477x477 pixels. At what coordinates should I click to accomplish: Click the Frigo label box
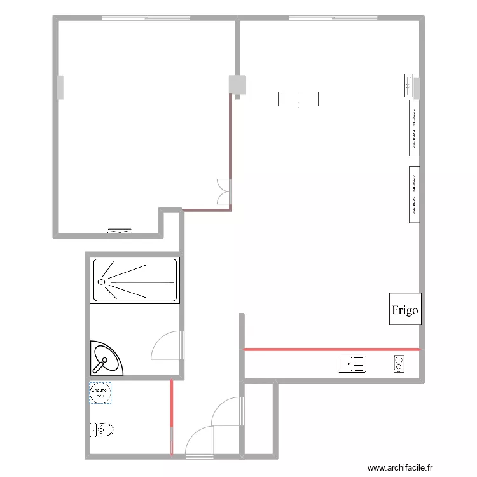(x=405, y=310)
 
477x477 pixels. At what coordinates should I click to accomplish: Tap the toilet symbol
(x=104, y=430)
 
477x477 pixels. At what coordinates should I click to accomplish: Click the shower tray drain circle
(x=101, y=281)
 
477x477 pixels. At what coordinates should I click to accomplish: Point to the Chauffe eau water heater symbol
(x=100, y=392)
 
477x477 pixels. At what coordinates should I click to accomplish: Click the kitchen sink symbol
(x=352, y=364)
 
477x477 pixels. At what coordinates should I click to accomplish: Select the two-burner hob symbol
(x=399, y=364)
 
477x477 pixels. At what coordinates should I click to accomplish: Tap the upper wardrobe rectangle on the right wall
(x=413, y=127)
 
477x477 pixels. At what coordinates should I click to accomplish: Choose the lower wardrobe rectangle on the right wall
(x=413, y=194)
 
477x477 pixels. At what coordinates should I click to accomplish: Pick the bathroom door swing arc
(x=167, y=346)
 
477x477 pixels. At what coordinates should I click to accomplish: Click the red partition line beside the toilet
(x=171, y=417)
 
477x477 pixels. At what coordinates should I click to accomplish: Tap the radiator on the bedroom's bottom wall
(x=120, y=231)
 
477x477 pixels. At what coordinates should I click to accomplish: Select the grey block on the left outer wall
(x=60, y=87)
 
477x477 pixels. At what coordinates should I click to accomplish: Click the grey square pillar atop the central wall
(x=237, y=85)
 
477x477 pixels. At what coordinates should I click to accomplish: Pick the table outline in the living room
(x=298, y=99)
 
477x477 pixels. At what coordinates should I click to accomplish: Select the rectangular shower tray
(x=134, y=280)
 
